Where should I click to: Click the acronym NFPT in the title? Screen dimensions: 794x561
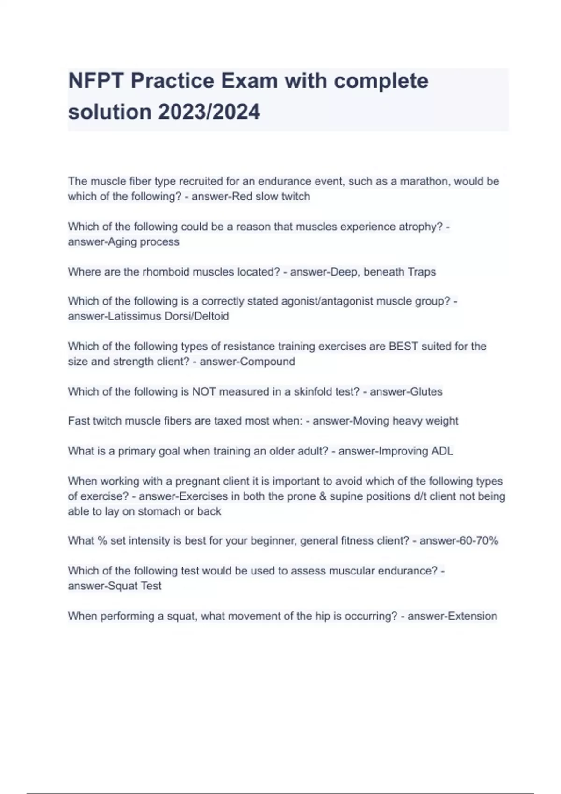pos(96,81)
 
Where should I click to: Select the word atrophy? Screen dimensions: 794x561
pos(420,227)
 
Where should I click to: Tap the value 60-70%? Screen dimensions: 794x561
pos(479,541)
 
